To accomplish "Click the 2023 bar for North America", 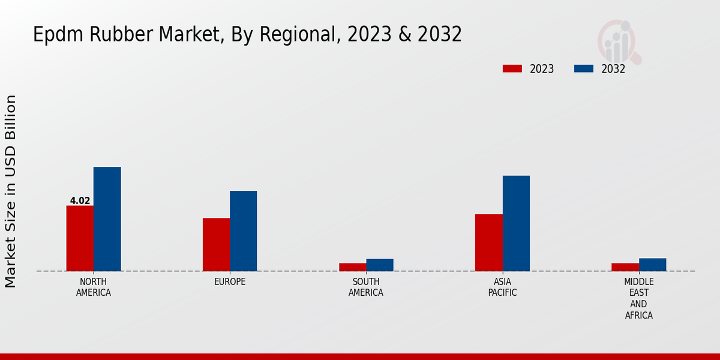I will tap(80, 238).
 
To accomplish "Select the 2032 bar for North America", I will tap(107, 219).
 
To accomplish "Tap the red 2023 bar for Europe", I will tap(216, 244).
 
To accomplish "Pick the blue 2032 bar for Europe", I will tap(243, 231).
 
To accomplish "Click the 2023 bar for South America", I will tap(352, 267).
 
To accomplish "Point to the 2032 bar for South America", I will tap(380, 265).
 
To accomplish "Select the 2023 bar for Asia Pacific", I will tap(488, 242).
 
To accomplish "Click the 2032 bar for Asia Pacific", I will tap(516, 223).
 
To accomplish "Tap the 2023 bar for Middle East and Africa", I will tap(625, 267).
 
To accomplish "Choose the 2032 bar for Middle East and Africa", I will tap(652, 265).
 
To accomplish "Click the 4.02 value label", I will tap(80, 201).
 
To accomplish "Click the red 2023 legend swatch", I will tap(512, 68).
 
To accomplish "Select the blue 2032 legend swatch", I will tap(583, 68).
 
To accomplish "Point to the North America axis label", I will tap(94, 287).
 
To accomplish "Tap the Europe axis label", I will tap(230, 282).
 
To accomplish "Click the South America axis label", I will tap(366, 287).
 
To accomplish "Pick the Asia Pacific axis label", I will tap(502, 287).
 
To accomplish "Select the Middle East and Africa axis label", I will tap(638, 298).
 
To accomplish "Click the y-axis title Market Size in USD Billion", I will tap(11, 191).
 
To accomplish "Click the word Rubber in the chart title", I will tap(122, 35).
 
